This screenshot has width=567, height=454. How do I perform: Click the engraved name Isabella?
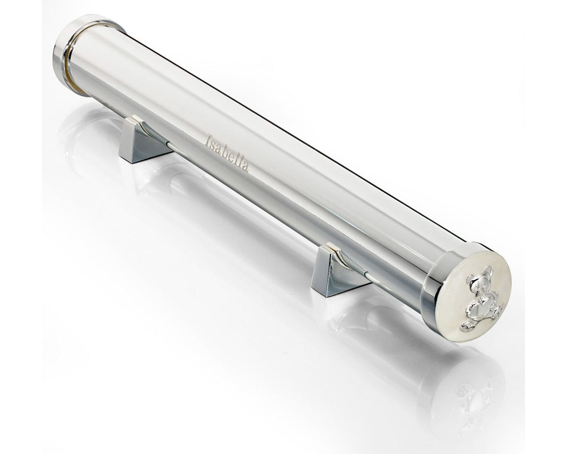[227, 153]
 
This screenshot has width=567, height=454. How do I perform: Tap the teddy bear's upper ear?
[488, 271]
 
